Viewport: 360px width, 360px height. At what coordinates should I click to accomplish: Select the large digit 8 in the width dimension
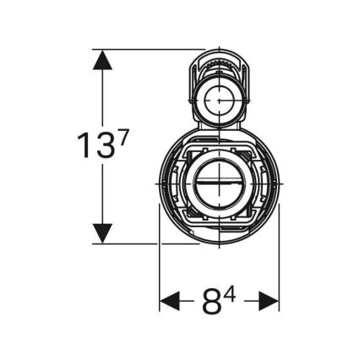pyautogui.click(x=212, y=302)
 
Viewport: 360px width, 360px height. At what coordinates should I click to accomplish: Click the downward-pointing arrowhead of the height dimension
pyautogui.click(x=102, y=232)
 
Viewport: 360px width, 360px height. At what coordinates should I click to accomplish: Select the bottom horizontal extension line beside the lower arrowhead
pyautogui.click(x=135, y=243)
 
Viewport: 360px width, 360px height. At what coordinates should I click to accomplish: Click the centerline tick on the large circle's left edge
pyautogui.click(x=160, y=183)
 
